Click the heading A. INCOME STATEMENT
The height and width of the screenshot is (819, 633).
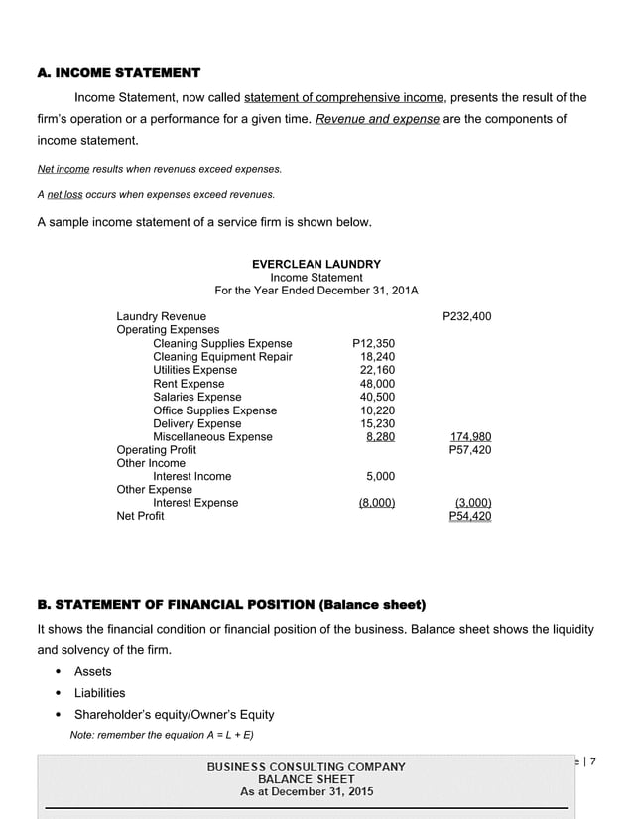[118, 73]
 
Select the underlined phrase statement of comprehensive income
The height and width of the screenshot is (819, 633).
[344, 97]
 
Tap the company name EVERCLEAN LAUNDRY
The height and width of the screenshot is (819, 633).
[316, 264]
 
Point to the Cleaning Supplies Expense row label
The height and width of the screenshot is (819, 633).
[222, 344]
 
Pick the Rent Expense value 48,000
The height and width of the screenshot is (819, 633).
[377, 384]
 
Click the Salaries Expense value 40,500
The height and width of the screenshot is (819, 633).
[377, 398]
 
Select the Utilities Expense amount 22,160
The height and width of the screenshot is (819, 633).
[377, 370]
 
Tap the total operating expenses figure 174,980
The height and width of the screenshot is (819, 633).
[470, 437]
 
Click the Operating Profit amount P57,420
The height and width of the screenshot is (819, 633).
[469, 450]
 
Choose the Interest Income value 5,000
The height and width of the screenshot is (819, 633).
[380, 477]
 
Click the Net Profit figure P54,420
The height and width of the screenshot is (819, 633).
[469, 517]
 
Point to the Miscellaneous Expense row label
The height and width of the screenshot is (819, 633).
[212, 437]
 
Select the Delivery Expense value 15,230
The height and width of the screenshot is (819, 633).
[377, 423]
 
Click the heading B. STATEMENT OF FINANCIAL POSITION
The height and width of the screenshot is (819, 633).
[231, 605]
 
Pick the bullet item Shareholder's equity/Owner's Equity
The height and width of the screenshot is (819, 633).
[174, 715]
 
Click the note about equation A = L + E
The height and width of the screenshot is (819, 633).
[162, 735]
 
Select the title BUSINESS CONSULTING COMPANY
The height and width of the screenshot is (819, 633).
[306, 766]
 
